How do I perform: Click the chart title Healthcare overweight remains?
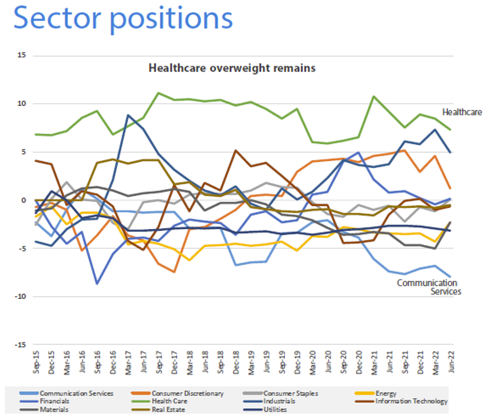[x=231, y=68]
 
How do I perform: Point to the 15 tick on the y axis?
[x=22, y=56]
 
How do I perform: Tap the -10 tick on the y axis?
[x=21, y=297]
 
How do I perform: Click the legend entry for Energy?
[x=386, y=393]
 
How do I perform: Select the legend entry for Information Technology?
[x=411, y=401]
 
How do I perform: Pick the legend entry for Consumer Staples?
[x=290, y=393]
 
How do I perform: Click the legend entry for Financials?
[x=54, y=401]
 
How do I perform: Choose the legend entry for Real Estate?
[x=168, y=409]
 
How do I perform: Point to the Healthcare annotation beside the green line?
[x=462, y=112]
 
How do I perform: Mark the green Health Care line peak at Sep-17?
[x=158, y=93]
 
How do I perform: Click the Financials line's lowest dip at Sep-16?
[x=97, y=284]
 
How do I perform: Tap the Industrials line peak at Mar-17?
[x=128, y=115]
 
